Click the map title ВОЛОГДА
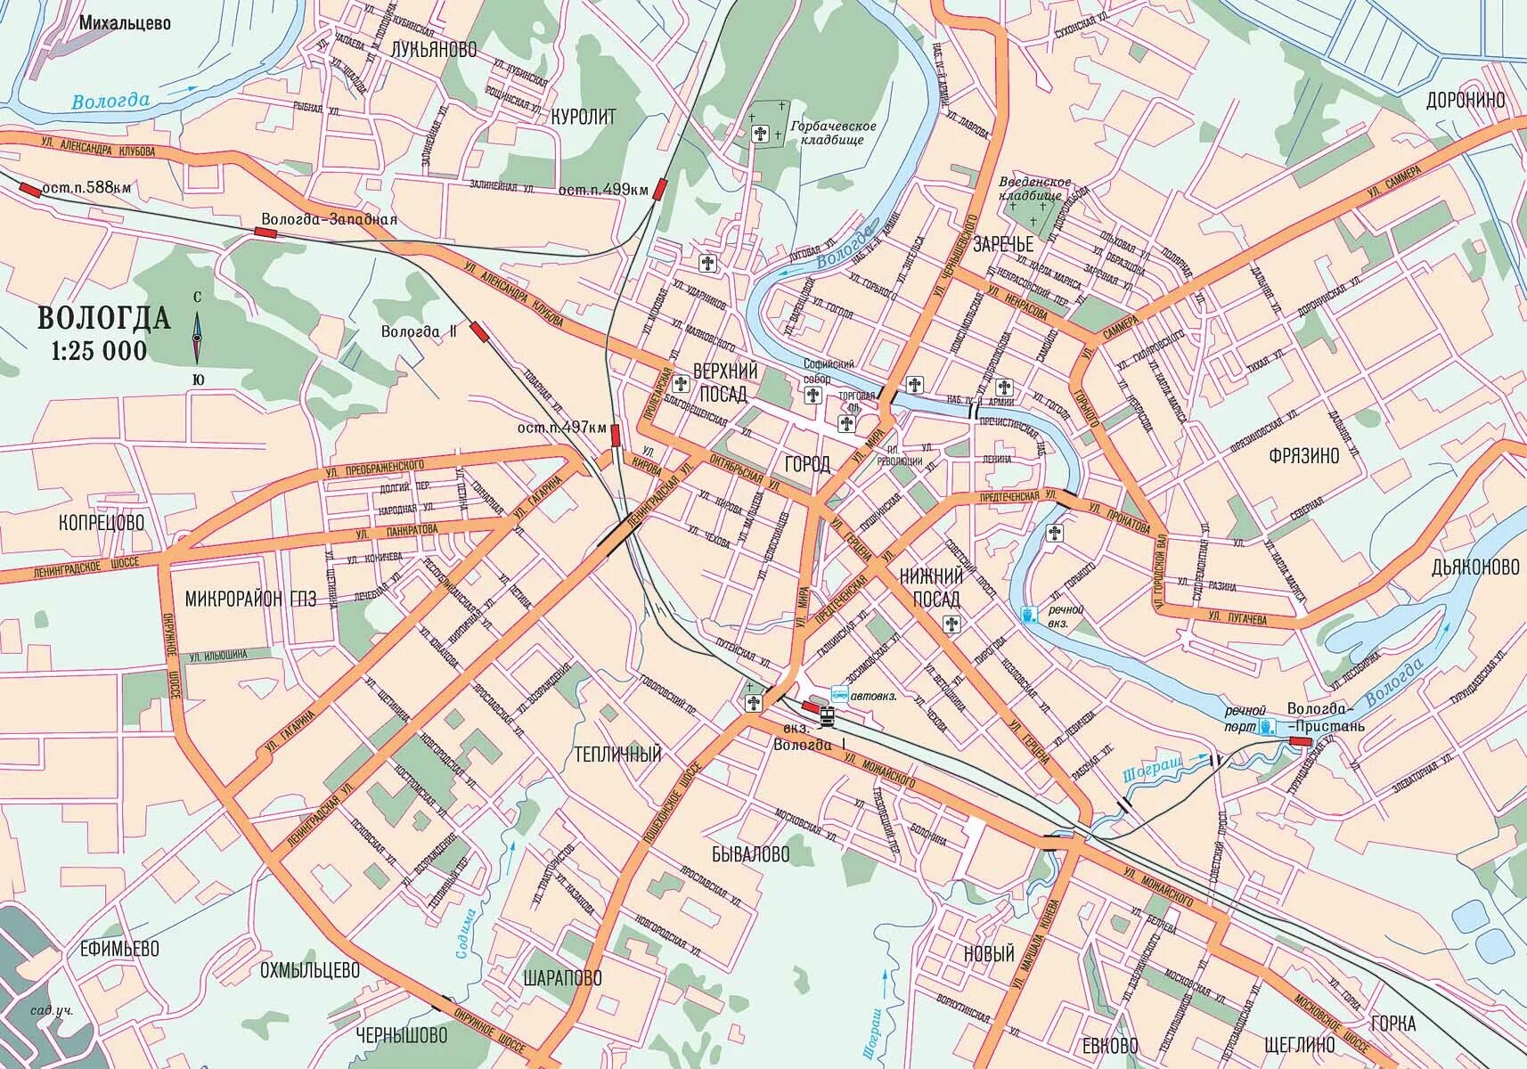[104, 318]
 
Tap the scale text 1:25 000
[100, 351]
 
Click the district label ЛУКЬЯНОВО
[433, 50]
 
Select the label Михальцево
[125, 23]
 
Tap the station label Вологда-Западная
[330, 218]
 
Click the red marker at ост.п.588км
[29, 189]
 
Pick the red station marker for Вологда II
[479, 331]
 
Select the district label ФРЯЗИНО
[1303, 456]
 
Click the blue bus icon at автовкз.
[839, 694]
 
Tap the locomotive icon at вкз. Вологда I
[828, 715]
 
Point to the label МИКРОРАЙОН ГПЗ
[250, 599]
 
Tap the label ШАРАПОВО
[563, 978]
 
